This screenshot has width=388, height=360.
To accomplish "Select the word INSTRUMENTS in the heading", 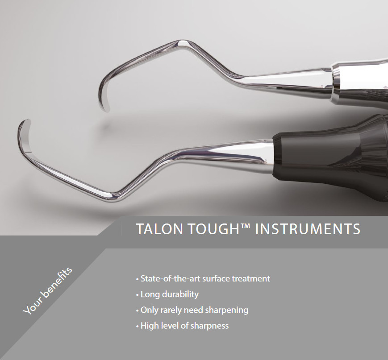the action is pyautogui.click(x=308, y=229).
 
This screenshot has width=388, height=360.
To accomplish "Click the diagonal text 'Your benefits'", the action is pyautogui.click(x=48, y=291).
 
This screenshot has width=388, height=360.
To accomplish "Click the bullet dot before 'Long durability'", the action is pyautogui.click(x=138, y=295).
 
